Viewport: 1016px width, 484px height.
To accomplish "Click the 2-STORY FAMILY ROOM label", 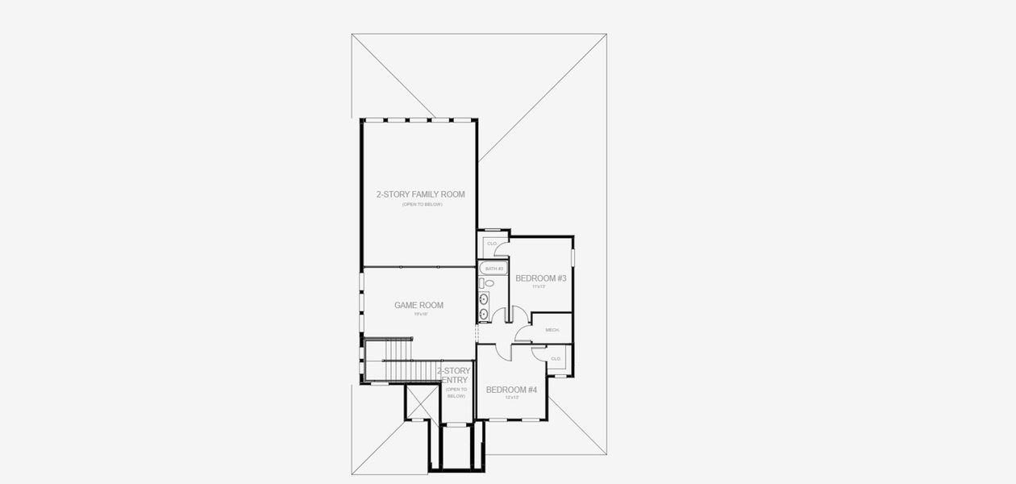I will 420,194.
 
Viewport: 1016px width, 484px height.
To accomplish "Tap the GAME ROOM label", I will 418,305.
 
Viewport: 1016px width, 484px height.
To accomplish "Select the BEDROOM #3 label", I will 541,278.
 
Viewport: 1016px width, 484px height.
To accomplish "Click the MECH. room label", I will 552,330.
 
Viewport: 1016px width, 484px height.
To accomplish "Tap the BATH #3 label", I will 493,268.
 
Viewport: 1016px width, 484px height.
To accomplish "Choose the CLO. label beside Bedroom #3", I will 491,244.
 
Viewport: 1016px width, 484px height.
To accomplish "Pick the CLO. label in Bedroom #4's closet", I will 556,358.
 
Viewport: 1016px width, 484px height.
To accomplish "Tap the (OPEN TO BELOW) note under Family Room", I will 422,205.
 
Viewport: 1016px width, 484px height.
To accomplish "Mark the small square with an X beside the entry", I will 418,402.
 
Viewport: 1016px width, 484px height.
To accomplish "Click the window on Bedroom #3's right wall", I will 573,257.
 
